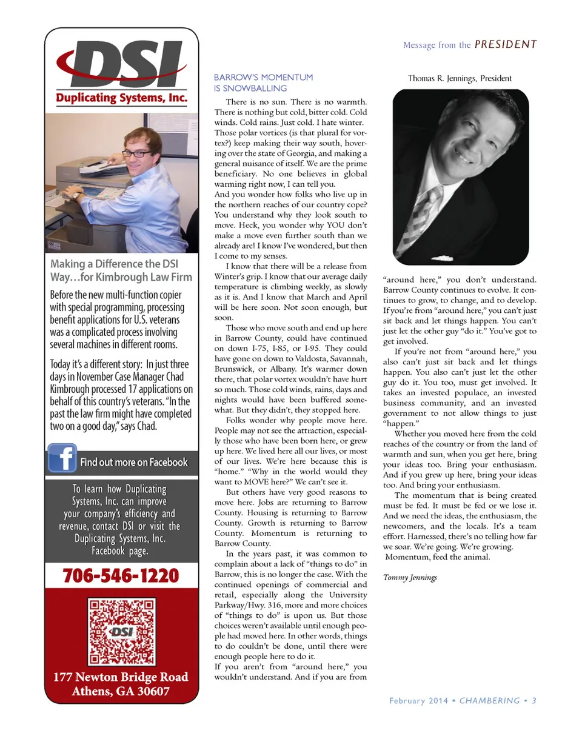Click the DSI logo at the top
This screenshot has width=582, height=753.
coord(121,64)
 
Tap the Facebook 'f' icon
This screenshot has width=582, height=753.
coord(62,458)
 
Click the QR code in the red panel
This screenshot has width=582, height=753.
coord(121,631)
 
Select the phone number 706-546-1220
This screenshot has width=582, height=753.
coord(121,575)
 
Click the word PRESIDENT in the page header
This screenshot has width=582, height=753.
coord(506,44)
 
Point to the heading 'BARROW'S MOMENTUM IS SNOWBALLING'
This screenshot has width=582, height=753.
coord(264,82)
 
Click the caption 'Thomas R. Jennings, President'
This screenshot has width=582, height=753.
coord(460,78)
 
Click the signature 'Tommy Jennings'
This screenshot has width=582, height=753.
coord(410,577)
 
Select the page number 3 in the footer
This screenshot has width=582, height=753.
coord(534,700)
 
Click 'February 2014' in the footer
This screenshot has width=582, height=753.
coord(418,700)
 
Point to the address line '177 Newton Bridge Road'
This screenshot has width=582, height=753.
coord(121,677)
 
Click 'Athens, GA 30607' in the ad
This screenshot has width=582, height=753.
coord(121,691)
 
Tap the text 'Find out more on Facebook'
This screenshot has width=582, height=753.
coord(134,462)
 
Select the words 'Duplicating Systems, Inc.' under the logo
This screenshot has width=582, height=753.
coord(121,98)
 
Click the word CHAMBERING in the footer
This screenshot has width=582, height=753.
coord(489,700)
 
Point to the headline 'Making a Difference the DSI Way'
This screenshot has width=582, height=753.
coord(121,270)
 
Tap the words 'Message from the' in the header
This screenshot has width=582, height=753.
coord(436,45)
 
